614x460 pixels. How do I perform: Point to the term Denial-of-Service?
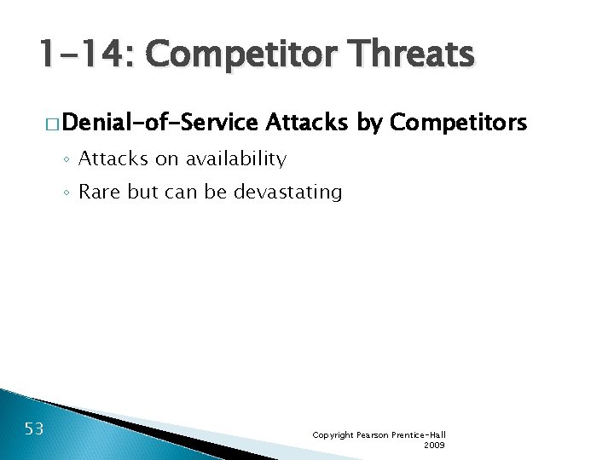click(159, 124)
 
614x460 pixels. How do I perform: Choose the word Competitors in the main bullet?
click(459, 124)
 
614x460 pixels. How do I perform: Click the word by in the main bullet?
click(368, 124)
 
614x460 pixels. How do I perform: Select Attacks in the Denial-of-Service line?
click(307, 124)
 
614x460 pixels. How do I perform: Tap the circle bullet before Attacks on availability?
click(67, 159)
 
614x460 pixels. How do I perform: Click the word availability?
click(240, 158)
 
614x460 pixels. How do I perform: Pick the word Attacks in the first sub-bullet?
click(113, 158)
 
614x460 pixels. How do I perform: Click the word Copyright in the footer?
click(333, 434)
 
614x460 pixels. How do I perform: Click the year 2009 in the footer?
click(434, 445)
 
